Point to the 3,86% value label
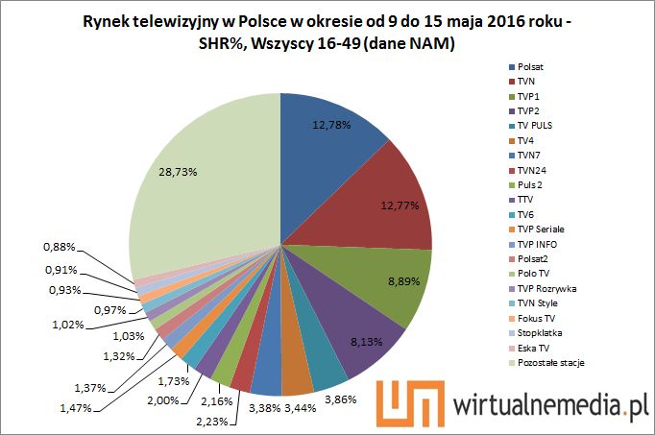click(x=366, y=397)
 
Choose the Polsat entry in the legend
click(x=531, y=68)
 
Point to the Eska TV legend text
click(x=534, y=346)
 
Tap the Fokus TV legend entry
click(x=536, y=316)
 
